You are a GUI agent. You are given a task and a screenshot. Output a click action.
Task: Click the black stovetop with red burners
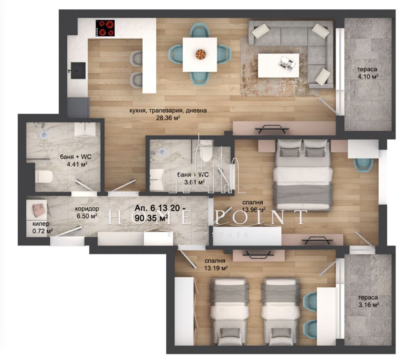(105, 28)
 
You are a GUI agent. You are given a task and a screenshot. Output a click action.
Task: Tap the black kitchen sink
(78, 70)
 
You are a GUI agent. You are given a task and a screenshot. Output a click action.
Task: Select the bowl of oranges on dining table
(200, 54)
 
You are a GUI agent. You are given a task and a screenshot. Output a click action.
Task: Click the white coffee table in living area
(278, 65)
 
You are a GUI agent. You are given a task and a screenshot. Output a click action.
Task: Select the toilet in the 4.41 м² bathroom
(44, 176)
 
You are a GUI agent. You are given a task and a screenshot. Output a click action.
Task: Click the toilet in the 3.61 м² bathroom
(207, 153)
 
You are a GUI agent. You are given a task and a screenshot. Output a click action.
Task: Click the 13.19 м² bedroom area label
(215, 268)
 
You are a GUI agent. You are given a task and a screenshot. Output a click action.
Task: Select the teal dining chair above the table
(200, 31)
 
